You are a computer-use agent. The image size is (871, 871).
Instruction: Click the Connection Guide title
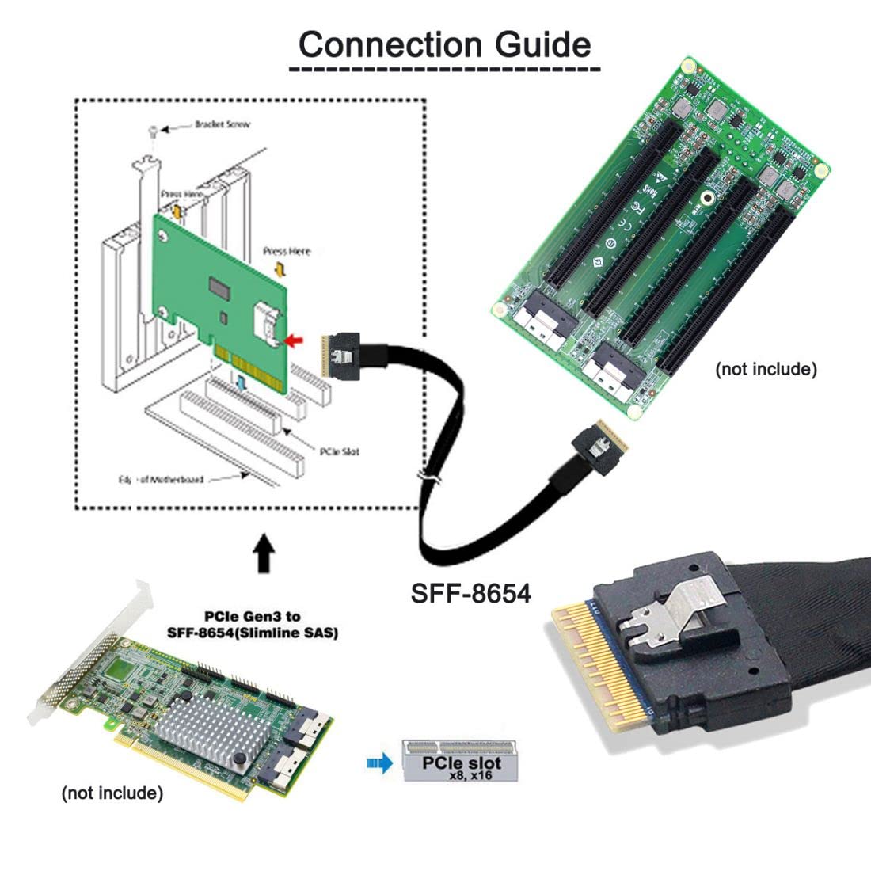[x=444, y=44]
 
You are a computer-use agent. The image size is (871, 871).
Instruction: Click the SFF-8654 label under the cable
[x=470, y=592]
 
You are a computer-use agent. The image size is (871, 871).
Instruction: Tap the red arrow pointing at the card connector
[x=295, y=340]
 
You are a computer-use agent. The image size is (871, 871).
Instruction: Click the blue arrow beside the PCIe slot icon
[x=380, y=764]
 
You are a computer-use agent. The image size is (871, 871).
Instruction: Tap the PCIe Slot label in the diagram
[x=339, y=451]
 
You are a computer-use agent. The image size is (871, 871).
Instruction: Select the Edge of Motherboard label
[x=161, y=479]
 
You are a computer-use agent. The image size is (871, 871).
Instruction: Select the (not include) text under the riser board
[x=765, y=369]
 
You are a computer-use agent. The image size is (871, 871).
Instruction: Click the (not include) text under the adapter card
[x=112, y=793]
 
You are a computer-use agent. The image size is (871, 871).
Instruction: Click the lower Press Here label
[x=287, y=251]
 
